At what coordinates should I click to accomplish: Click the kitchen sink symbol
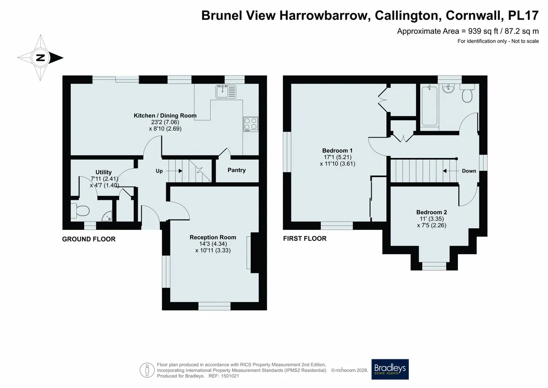coord(225,92)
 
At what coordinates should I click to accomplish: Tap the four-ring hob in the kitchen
coord(251,124)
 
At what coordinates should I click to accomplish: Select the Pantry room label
coord(236,170)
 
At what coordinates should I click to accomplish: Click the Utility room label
coord(104,172)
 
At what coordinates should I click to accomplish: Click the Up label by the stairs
coord(159,171)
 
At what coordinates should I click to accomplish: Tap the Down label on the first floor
coord(469,171)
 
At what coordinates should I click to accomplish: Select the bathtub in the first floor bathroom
coord(429,105)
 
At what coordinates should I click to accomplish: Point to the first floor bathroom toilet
coord(467,93)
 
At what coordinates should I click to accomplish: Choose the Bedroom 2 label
coord(432,212)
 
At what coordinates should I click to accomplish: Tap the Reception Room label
coord(213,237)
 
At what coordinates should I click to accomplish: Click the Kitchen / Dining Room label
coord(165,115)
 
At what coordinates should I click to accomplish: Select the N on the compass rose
coord(41,58)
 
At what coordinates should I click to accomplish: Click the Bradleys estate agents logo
coord(390,369)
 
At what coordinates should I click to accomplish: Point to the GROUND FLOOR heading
coord(89,239)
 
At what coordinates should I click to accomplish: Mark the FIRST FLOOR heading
coord(305,238)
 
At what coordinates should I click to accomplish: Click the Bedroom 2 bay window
coord(434,266)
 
